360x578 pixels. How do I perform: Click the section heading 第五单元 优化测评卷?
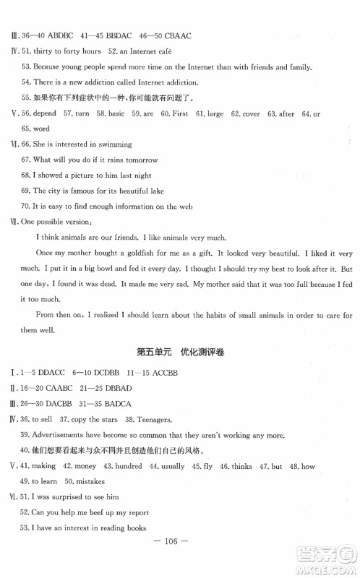coord(180,353)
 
